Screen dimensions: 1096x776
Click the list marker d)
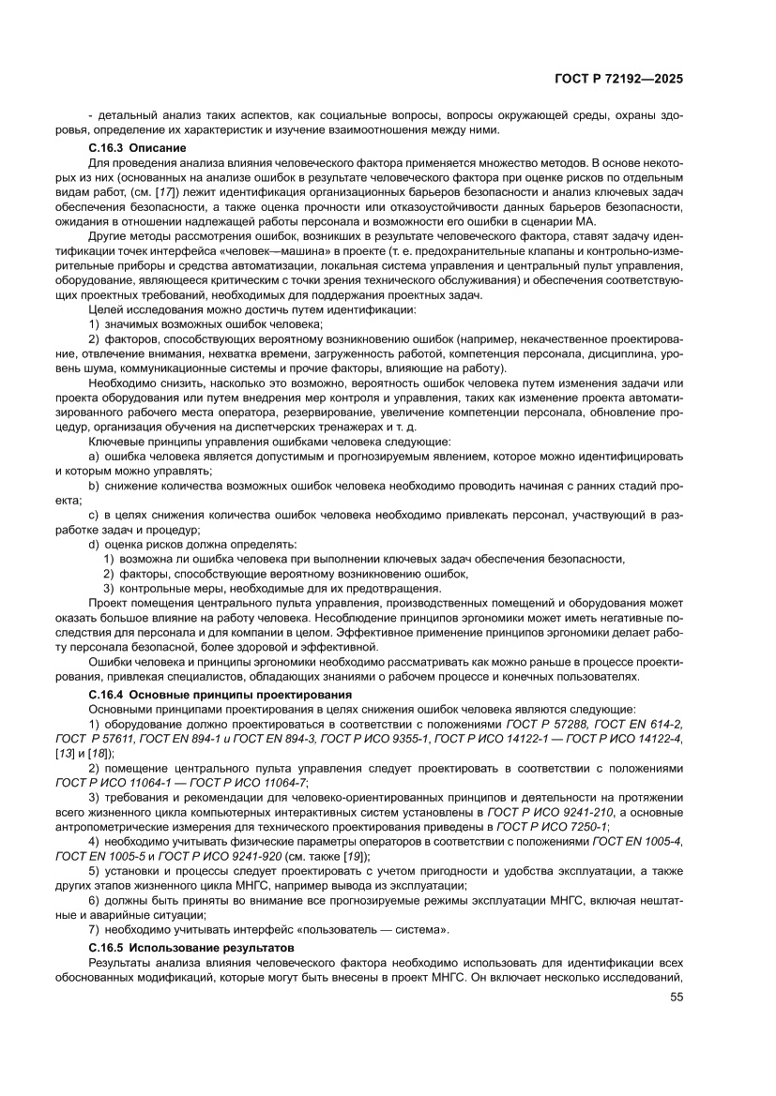(x=94, y=544)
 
